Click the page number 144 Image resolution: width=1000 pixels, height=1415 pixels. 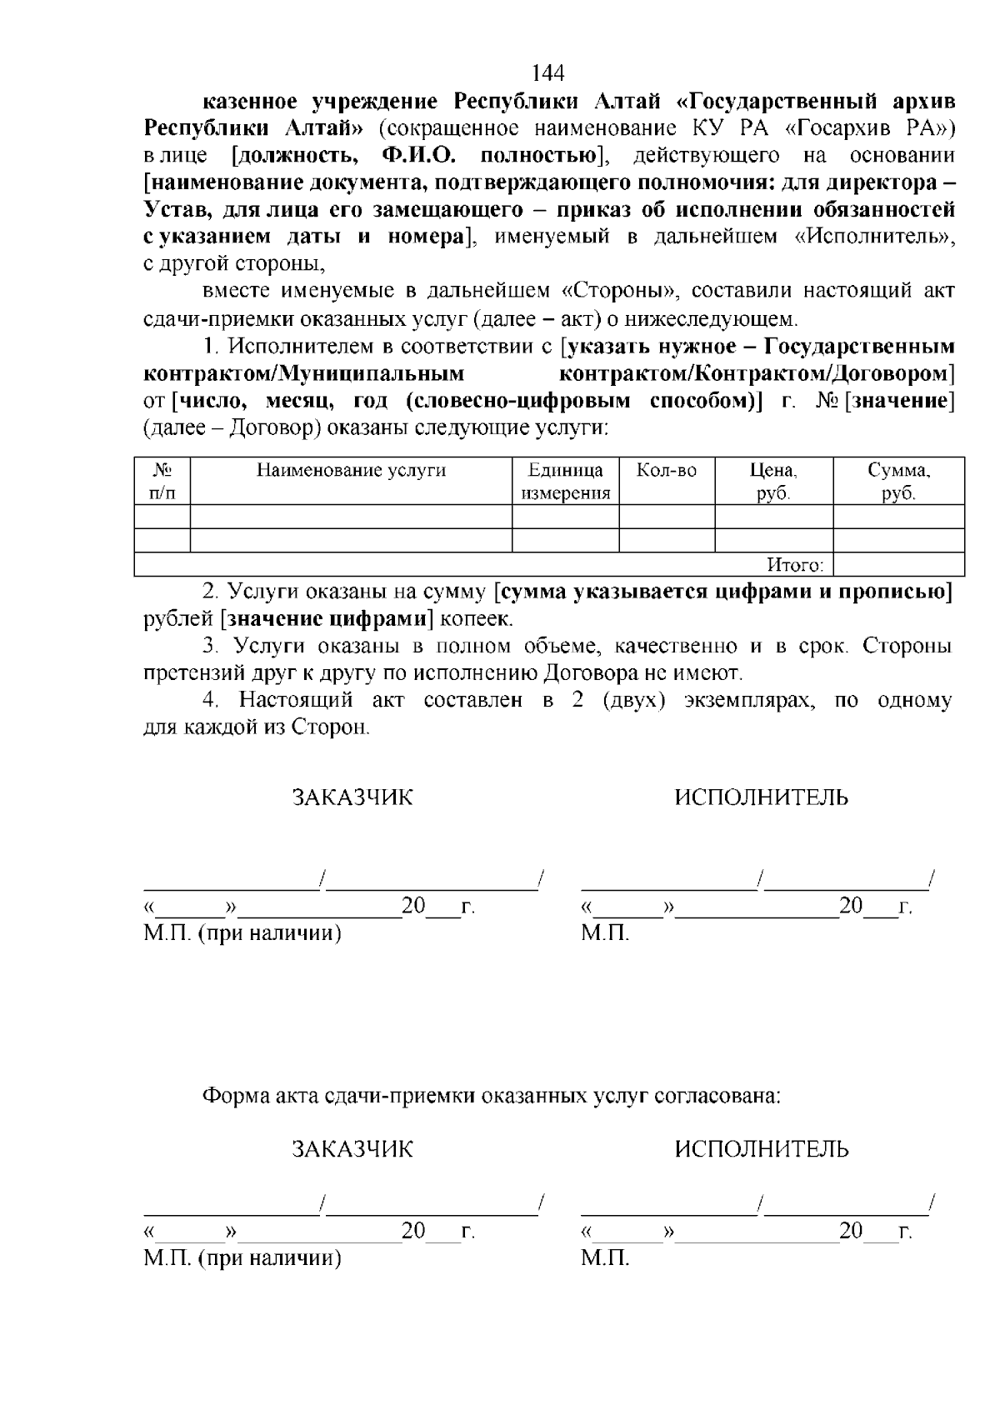coord(547,74)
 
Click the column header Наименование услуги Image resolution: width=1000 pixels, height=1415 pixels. coord(351,471)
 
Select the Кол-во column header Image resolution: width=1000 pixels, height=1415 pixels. coord(667,471)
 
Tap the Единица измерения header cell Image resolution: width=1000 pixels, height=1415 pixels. coord(566,482)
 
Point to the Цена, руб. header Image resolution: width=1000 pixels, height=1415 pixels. coord(773,482)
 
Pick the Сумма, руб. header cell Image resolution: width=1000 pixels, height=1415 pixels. coord(898,482)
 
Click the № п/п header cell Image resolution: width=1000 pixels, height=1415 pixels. coord(162,482)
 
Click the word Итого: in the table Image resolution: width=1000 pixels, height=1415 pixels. coord(795,566)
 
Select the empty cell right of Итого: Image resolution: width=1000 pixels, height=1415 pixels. coord(898,566)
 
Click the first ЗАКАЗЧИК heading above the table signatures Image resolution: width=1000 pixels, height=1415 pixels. coord(352,798)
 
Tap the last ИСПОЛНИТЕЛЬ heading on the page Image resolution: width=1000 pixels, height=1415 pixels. coord(761,1151)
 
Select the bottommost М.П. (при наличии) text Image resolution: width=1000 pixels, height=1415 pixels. coord(242,1258)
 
